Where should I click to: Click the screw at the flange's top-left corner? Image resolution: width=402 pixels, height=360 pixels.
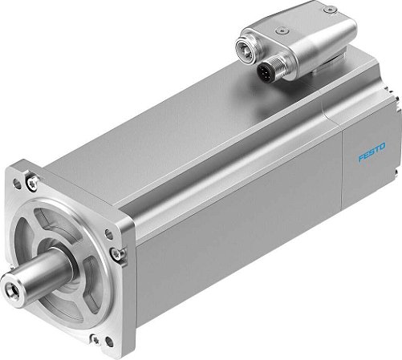coord(31,185)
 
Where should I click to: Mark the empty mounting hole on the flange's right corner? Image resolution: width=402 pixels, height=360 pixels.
coord(123,234)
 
